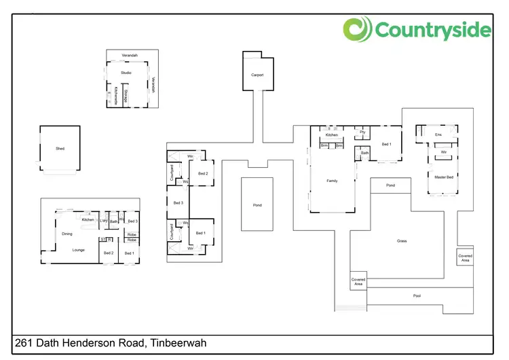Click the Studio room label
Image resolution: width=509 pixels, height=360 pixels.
[126, 72]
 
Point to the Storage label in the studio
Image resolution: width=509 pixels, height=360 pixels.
[126, 94]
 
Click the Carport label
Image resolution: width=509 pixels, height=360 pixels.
[257, 75]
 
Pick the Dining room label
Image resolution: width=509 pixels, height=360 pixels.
[67, 234]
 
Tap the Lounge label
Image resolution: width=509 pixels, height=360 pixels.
[79, 250]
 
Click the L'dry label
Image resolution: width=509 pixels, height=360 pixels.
[104, 221]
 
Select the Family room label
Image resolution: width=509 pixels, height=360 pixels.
[332, 181]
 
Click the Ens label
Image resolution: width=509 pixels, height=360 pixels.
[438, 135]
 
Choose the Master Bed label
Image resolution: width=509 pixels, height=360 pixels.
[444, 177]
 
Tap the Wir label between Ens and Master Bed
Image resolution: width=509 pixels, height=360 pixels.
[443, 152]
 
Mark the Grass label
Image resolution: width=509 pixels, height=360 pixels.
[402, 241]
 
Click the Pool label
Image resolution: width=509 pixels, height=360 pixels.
[417, 296]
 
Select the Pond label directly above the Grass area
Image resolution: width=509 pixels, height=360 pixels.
[390, 185]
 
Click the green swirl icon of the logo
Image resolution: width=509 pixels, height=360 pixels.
[357, 30]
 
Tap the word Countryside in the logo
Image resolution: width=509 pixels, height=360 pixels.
[432, 31]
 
